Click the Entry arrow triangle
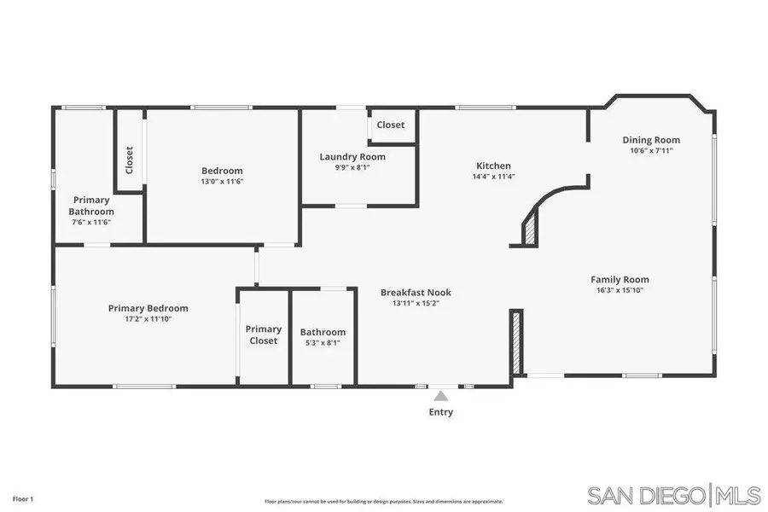(x=440, y=396)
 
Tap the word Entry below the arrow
(x=440, y=412)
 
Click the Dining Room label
(x=651, y=140)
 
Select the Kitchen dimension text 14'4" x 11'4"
(x=493, y=177)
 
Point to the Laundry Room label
(x=352, y=157)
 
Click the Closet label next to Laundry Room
(x=391, y=125)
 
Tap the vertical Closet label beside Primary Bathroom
(x=130, y=160)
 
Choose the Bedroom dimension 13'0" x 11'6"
(x=222, y=181)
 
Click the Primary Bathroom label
(x=91, y=206)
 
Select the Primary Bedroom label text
(x=148, y=308)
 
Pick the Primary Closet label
(x=264, y=335)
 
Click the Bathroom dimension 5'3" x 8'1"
(x=323, y=343)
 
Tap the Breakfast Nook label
(x=416, y=293)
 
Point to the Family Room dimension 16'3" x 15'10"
(x=620, y=290)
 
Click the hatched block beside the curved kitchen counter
(x=530, y=230)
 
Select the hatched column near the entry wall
(x=515, y=341)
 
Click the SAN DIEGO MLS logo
(x=673, y=495)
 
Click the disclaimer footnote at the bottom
(x=383, y=502)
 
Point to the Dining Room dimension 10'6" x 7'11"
(x=651, y=151)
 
